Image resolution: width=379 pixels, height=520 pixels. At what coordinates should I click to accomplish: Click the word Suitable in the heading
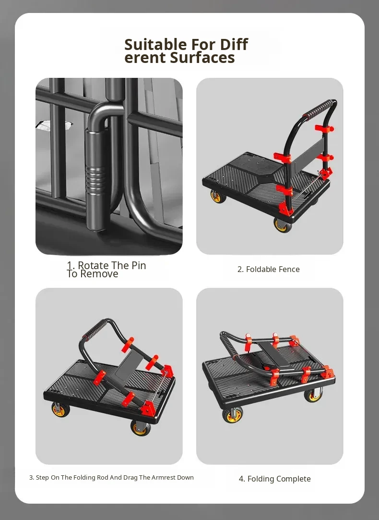click(155, 44)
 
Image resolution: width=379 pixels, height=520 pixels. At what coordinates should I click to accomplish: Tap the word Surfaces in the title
click(202, 58)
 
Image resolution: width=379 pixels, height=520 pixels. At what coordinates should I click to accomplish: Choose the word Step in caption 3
click(42, 478)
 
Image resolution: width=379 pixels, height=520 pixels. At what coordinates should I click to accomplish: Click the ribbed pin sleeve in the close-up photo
click(95, 179)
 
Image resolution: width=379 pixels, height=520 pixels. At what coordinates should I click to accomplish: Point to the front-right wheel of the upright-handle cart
click(283, 225)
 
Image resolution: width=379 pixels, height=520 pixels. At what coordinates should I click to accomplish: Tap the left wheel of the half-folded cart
click(60, 409)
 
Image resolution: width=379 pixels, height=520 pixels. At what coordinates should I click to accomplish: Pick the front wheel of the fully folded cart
click(233, 414)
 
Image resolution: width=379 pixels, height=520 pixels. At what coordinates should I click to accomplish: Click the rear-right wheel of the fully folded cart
click(313, 395)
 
